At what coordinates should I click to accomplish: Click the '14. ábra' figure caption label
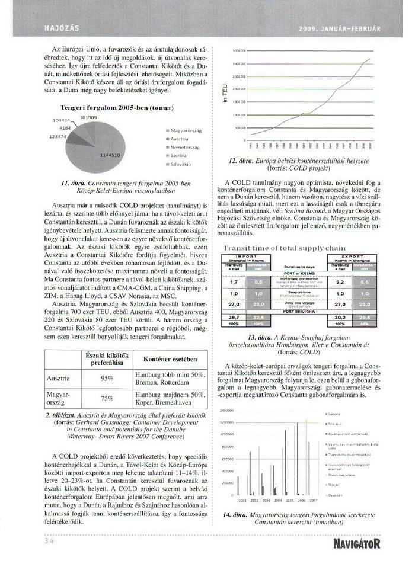coord(236,515)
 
